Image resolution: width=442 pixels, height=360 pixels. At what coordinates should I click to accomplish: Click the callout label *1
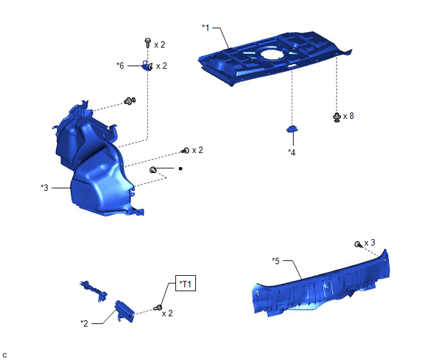point(206,28)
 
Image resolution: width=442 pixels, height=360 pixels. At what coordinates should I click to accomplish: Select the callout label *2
point(84,323)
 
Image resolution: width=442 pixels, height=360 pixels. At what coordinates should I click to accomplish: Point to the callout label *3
point(44,188)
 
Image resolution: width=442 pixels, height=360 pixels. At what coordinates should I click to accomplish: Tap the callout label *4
point(292,152)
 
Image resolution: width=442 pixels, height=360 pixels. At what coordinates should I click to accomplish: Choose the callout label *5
point(276,261)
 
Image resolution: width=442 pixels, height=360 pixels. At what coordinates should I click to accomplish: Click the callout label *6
point(120,66)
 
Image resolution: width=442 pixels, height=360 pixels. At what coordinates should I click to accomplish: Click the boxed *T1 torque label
point(186,283)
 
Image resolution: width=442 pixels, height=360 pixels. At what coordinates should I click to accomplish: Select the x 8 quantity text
point(348,116)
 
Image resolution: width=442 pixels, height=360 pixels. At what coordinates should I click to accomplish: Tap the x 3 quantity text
point(370,242)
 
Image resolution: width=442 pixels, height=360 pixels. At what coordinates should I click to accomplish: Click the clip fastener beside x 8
point(337,117)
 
